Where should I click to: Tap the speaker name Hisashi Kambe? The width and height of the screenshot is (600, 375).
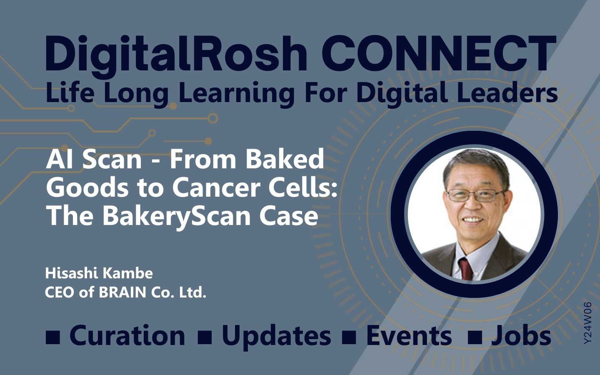click(x=99, y=273)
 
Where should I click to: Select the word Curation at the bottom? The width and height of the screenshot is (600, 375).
click(x=127, y=336)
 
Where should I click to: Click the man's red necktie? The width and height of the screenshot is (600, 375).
click(x=466, y=269)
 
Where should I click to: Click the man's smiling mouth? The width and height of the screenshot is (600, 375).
click(x=473, y=220)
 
